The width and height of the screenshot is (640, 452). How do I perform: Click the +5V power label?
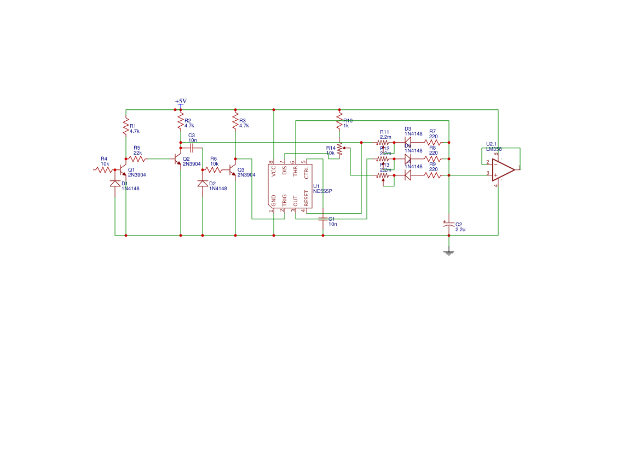pyautogui.click(x=181, y=101)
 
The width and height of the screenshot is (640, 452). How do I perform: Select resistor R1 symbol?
pyautogui.click(x=126, y=126)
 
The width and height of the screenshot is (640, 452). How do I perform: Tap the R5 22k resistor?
pyautogui.click(x=137, y=159)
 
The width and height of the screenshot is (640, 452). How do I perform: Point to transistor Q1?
pyautogui.click(x=123, y=170)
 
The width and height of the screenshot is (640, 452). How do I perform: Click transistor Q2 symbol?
pyautogui.click(x=178, y=159)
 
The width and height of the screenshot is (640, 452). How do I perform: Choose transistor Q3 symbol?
pyautogui.click(x=233, y=170)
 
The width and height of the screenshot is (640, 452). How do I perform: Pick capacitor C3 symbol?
pyautogui.click(x=192, y=148)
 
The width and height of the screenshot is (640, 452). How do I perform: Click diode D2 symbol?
pyautogui.click(x=203, y=184)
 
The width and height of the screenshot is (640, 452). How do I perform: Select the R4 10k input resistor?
pyautogui.click(x=104, y=169)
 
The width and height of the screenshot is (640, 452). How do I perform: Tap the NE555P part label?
pyautogui.click(x=322, y=191)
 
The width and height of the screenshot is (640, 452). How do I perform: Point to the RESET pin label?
pyautogui.click(x=307, y=199)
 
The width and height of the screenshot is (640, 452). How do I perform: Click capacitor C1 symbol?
pyautogui.click(x=323, y=219)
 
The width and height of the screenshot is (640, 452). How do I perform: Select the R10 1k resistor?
pyautogui.click(x=339, y=121)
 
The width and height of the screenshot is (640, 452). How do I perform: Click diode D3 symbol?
pyautogui.click(x=408, y=142)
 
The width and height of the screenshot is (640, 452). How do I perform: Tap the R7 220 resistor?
pyautogui.click(x=433, y=142)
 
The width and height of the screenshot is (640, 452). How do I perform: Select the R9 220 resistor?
pyautogui.click(x=433, y=175)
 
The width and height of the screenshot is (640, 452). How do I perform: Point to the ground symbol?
pyautogui.click(x=449, y=252)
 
